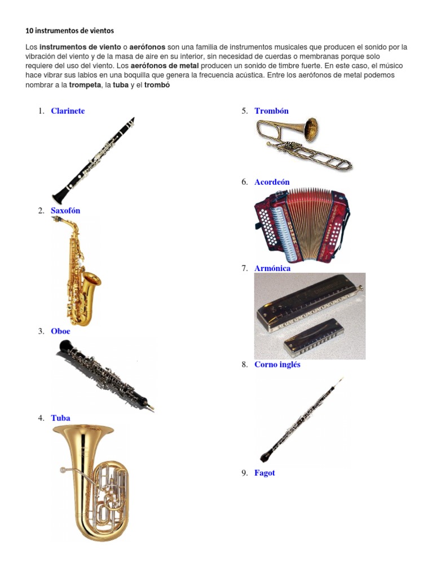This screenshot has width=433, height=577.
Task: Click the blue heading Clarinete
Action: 68,111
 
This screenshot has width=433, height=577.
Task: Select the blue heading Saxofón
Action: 65,211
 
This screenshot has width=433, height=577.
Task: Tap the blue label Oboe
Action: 60,331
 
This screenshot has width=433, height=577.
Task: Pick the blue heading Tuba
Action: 60,418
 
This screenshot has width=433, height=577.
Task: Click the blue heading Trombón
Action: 271,111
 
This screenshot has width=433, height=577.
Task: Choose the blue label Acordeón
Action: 272,182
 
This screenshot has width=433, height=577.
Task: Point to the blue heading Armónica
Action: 272,268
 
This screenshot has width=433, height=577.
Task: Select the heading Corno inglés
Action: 277,365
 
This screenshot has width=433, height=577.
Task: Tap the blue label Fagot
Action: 264,473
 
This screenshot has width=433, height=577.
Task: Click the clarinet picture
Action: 94,160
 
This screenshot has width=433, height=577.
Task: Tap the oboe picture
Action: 105,374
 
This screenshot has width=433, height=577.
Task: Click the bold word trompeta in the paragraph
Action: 83,85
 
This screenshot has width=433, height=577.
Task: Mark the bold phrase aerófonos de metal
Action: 165,66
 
